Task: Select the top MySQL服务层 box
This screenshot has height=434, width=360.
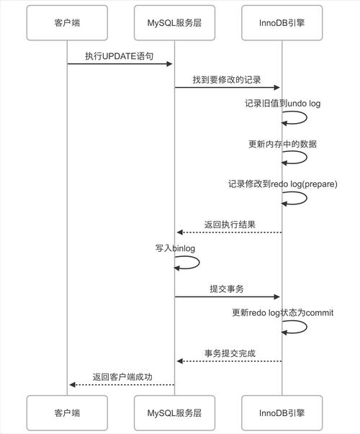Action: tap(175, 22)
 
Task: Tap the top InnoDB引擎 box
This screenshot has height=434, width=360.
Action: tap(281, 22)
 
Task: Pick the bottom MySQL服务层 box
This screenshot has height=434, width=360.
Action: tap(175, 412)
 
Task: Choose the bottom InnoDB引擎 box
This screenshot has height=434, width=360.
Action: tap(281, 412)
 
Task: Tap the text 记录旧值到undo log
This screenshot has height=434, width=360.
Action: tap(282, 104)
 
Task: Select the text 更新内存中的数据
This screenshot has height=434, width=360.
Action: tap(282, 144)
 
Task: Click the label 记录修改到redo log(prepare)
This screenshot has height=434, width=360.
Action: tap(282, 184)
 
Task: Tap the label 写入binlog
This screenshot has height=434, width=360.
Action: tap(176, 248)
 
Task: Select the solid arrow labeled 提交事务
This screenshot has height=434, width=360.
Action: tap(228, 297)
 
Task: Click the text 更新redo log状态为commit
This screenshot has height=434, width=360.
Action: tap(282, 313)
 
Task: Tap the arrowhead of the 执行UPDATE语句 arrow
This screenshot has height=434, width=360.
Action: tap(170, 64)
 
